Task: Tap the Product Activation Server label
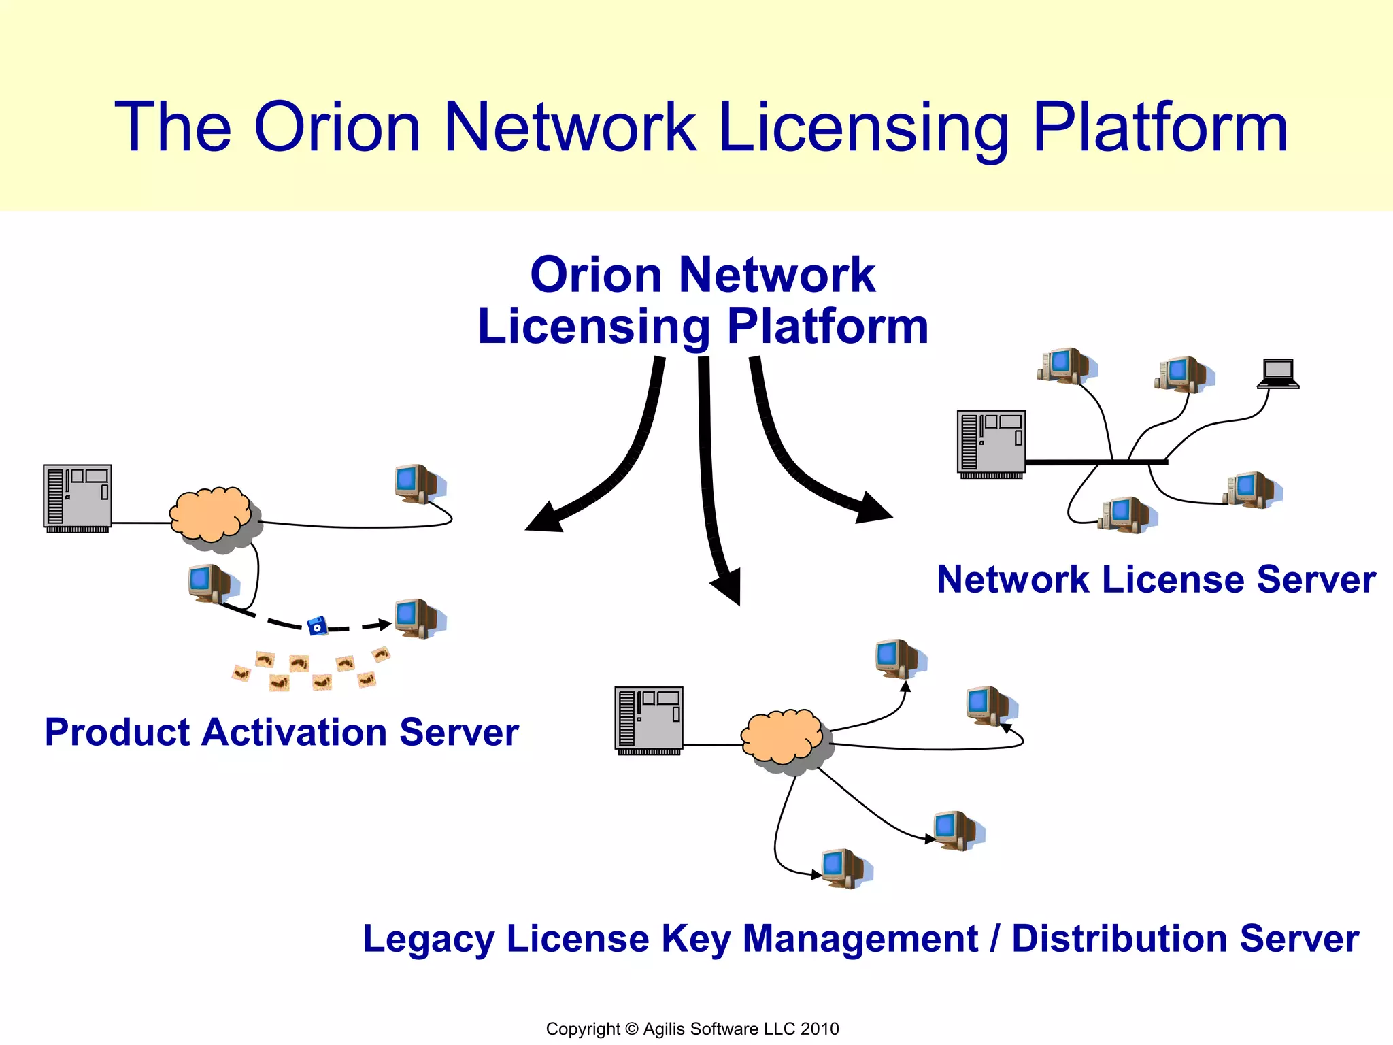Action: click(x=282, y=733)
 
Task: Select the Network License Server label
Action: click(x=1156, y=580)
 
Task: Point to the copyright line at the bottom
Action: click(x=692, y=1029)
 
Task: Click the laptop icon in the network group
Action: click(x=1278, y=374)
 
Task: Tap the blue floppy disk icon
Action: click(x=317, y=625)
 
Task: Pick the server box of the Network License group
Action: click(x=991, y=443)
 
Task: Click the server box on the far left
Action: click(x=77, y=497)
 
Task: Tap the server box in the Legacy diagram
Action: click(x=649, y=720)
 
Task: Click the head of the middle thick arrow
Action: click(x=727, y=586)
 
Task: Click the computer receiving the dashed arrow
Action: click(x=418, y=618)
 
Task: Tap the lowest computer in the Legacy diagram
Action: click(x=844, y=868)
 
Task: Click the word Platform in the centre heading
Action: click(x=827, y=327)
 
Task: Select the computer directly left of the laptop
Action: click(x=1182, y=374)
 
